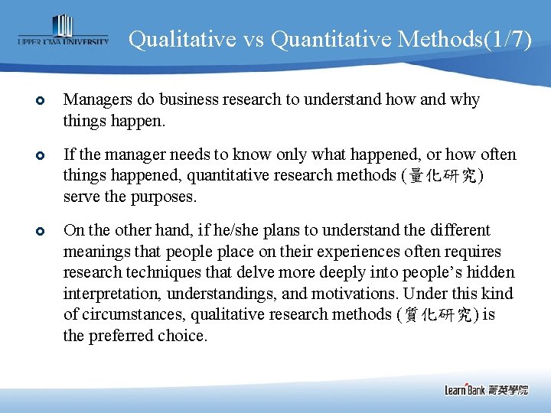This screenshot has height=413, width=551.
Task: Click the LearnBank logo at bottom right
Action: coord(486,389)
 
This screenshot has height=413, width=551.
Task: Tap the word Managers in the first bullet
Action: coord(96,99)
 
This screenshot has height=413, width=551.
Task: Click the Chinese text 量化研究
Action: coord(446,176)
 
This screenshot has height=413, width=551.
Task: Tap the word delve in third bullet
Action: coord(240,273)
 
